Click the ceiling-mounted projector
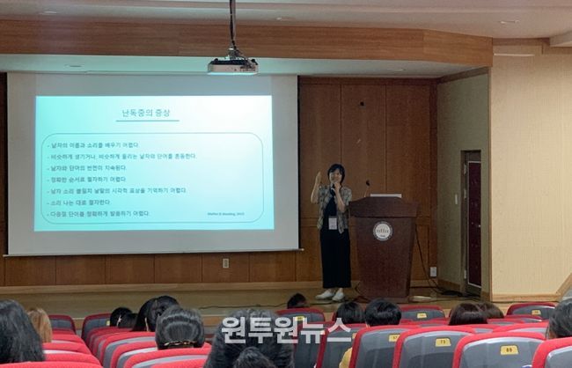232,65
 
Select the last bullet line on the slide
99,213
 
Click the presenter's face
335,174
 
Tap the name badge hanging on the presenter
332,223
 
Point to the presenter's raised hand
318,178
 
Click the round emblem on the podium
382,231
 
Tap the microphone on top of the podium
367,188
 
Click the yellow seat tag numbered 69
508,350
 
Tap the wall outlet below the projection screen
226,262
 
